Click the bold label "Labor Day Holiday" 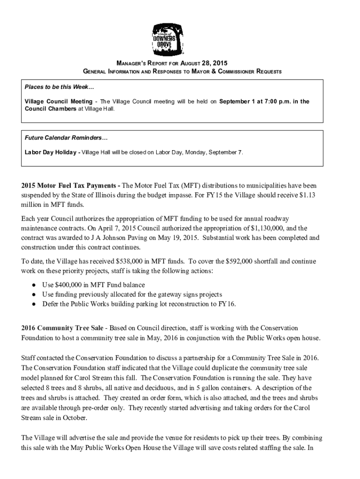(51, 152)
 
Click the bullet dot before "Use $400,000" (34, 284)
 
